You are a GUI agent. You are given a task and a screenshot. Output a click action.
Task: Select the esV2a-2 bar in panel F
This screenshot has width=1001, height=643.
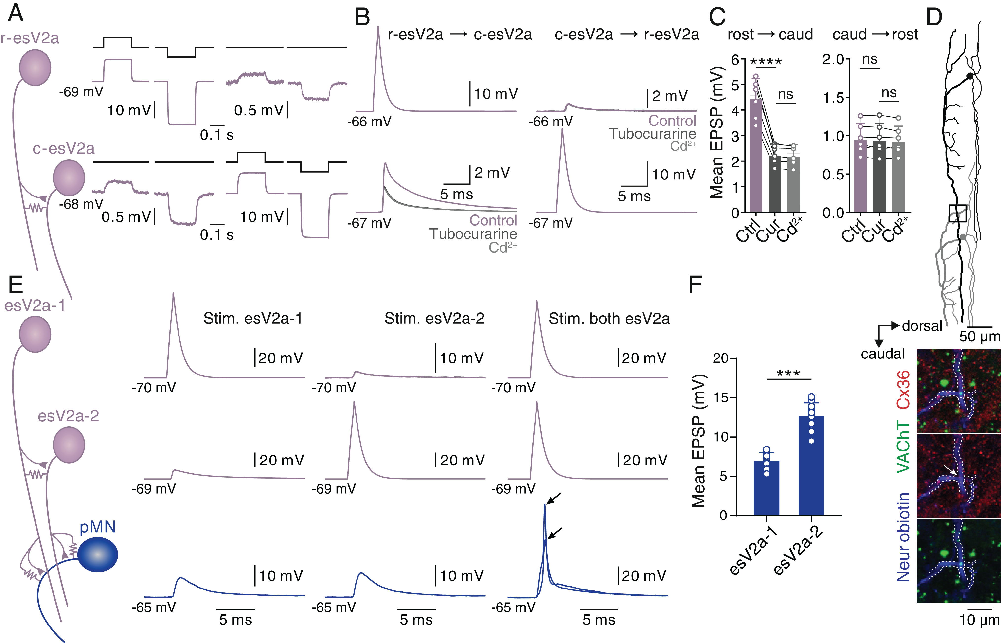click(811, 465)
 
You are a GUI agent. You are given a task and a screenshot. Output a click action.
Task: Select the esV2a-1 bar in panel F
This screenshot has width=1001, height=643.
click(766, 488)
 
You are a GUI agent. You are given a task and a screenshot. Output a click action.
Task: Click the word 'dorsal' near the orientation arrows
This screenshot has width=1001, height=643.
click(922, 326)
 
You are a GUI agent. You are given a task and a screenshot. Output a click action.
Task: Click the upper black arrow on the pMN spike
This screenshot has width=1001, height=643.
click(555, 498)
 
